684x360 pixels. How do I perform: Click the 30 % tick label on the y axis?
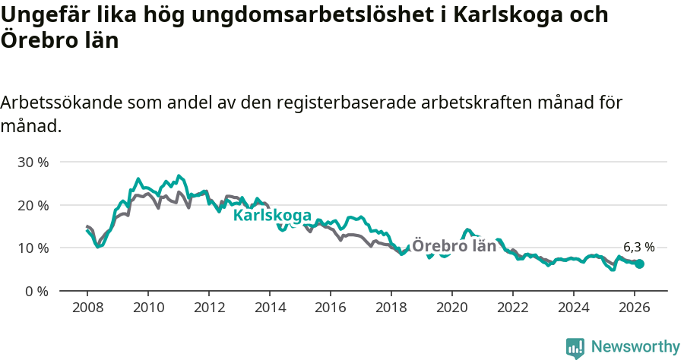click(x=33, y=163)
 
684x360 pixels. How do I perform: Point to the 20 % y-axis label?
click(x=33, y=205)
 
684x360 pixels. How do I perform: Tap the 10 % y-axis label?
click(x=33, y=248)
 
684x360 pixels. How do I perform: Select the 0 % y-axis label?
click(x=36, y=291)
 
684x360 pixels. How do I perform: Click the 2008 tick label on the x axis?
click(x=87, y=307)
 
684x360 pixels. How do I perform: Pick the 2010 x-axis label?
click(x=148, y=307)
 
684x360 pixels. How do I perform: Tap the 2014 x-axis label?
click(x=270, y=307)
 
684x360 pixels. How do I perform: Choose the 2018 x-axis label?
click(x=391, y=307)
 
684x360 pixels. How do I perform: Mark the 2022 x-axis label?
click(x=513, y=307)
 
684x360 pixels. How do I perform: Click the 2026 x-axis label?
click(x=635, y=307)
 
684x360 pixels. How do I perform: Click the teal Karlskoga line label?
click(x=271, y=216)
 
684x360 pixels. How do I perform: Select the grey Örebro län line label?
click(x=454, y=246)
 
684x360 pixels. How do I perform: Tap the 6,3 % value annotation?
click(x=638, y=247)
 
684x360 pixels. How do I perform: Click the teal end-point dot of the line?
click(x=640, y=264)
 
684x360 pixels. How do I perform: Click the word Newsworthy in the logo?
click(x=635, y=347)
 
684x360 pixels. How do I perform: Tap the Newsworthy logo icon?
click(x=575, y=348)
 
